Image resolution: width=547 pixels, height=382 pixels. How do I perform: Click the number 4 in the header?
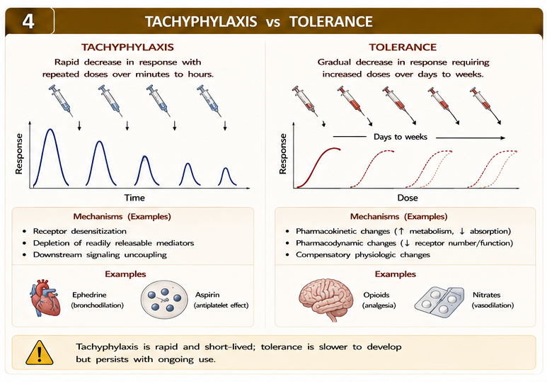(28, 21)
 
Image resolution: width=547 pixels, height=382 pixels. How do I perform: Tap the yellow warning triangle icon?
(40, 353)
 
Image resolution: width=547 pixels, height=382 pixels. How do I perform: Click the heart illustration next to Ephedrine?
(45, 298)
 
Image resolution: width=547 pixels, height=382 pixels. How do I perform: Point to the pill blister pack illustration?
(439, 302)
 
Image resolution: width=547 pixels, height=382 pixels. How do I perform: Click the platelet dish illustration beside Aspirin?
(164, 299)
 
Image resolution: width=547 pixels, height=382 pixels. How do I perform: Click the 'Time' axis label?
(134, 198)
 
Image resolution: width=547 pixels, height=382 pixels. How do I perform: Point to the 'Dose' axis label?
(408, 198)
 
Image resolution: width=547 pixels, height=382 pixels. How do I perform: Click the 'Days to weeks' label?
(401, 137)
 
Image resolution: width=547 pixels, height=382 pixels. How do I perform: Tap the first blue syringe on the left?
(61, 101)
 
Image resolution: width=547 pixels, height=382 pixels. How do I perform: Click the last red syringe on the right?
(485, 105)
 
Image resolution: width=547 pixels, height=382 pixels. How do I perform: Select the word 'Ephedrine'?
(89, 295)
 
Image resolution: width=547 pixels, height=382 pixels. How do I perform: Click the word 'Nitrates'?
(486, 295)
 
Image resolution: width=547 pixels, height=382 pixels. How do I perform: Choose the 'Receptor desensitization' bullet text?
(79, 231)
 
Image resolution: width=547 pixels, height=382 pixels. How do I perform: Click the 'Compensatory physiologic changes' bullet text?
(363, 254)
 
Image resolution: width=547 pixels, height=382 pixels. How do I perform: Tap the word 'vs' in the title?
(273, 23)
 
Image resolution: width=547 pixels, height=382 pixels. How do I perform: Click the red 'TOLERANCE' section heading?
(403, 47)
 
